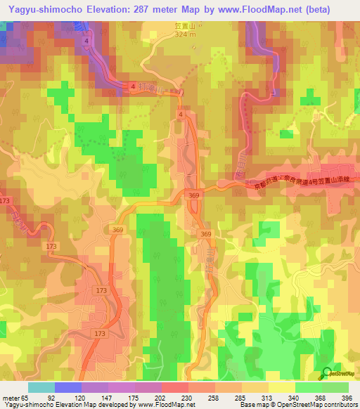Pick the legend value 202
[148, 397]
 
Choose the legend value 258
[205, 397]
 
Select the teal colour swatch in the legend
[41, 387]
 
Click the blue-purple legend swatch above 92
[67, 387]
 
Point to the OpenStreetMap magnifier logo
[328, 375]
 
